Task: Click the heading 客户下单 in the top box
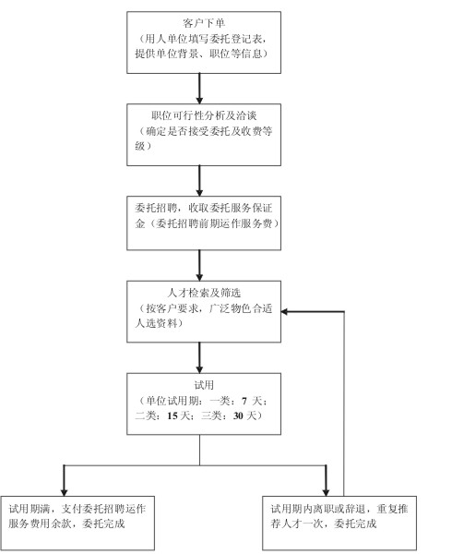click(204, 23)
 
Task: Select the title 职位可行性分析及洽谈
click(204, 115)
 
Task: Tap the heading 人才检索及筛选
click(204, 293)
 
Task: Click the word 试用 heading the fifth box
click(204, 385)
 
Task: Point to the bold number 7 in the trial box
click(244, 401)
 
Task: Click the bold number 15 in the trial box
click(172, 415)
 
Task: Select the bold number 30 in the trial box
click(238, 415)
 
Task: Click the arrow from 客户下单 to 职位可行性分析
click(199, 89)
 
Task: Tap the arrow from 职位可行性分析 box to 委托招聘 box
click(199, 181)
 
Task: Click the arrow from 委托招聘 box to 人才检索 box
click(199, 265)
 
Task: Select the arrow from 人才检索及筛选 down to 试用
click(199, 357)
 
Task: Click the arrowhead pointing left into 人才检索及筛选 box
click(284, 312)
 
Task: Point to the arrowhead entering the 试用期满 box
click(64, 492)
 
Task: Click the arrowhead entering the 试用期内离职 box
click(326, 492)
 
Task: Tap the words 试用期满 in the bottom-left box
click(30, 509)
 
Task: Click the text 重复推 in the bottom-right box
click(392, 509)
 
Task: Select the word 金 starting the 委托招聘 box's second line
click(140, 223)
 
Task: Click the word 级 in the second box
click(140, 146)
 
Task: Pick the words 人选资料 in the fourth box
click(156, 323)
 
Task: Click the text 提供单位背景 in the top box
click(166, 54)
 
